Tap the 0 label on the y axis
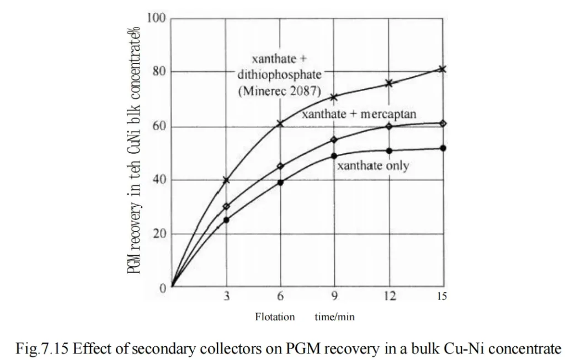163,288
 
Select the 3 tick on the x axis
226,297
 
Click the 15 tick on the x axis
443,297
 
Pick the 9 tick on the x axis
334,297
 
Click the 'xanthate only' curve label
372,166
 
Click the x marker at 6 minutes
280,123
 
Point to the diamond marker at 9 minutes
334,139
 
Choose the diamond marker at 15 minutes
443,123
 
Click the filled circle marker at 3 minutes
226,219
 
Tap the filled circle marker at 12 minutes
389,151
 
